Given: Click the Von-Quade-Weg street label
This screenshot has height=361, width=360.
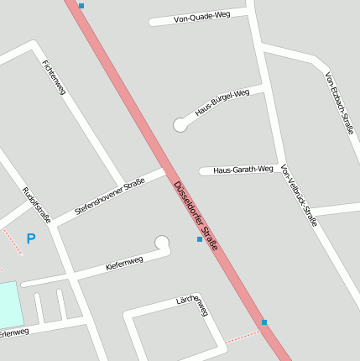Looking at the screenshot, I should [x=201, y=17].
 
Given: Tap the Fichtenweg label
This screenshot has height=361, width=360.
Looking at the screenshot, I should [x=53, y=77].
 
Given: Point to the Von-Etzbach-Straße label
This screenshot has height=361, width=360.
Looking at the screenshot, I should [x=340, y=103].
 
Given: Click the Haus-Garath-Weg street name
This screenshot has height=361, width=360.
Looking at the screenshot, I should [x=243, y=170].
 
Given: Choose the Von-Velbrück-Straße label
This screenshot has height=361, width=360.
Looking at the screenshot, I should [x=300, y=196].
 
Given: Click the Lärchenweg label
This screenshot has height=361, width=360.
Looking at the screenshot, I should [x=192, y=305].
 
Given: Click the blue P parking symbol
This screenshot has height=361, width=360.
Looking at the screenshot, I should [x=31, y=239].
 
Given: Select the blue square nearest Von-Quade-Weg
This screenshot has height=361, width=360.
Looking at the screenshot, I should [x=81, y=6].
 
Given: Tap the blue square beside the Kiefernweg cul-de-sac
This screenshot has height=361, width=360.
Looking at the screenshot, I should [x=200, y=239].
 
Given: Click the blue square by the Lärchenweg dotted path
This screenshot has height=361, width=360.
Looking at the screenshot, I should [x=263, y=322].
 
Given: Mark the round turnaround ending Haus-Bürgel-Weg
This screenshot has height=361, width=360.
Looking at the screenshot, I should [x=180, y=125].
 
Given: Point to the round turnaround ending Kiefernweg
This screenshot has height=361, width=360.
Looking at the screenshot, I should [x=162, y=243].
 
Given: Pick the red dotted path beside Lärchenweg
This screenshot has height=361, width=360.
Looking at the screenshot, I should [x=243, y=336].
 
